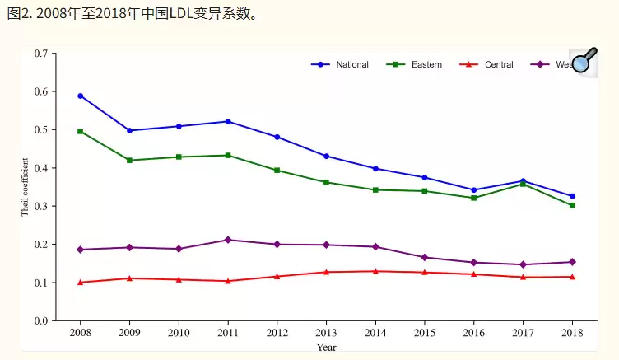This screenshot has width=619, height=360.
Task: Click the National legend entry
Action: pos(351,64)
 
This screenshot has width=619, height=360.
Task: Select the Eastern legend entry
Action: pos(426,64)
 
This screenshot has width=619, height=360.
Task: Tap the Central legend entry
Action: pos(498,64)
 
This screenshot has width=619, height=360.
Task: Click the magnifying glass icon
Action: pos(584,60)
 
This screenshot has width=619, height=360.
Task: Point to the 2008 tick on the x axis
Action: pos(81,333)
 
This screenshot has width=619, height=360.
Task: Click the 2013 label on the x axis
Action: pos(326,333)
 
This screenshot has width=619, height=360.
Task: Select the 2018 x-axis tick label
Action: pos(572,333)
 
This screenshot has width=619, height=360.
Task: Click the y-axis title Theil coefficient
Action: pos(26,187)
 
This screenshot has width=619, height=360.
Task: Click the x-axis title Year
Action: pos(326,348)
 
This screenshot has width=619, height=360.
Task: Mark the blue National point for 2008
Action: pos(81,96)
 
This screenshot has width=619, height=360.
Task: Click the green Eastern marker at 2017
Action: pos(523,184)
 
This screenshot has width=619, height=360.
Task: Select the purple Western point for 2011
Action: pos(228,240)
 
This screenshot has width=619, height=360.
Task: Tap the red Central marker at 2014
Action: pos(375,271)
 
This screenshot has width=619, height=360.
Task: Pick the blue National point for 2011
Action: pos(228,121)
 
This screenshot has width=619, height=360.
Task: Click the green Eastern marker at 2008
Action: pos(81,131)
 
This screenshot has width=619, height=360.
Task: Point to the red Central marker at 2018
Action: pos(572,277)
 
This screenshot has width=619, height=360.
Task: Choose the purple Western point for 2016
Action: pos(473,262)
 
